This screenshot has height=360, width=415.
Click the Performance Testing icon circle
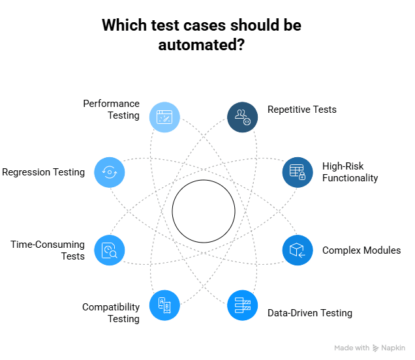164,117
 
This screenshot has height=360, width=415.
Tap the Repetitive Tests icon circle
243,117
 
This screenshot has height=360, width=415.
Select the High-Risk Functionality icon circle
298,172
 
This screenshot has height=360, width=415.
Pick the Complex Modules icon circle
298,250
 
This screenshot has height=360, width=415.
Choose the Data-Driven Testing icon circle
243,305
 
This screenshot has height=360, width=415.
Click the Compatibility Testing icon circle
164,305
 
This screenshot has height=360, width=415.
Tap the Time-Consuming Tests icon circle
110,250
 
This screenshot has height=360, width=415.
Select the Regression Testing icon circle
110,172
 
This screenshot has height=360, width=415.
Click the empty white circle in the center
204,211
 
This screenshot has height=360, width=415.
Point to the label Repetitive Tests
302,110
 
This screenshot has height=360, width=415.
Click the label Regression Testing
44,172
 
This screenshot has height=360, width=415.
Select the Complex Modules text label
361,250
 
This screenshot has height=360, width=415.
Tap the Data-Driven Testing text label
310,313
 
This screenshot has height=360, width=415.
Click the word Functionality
350,178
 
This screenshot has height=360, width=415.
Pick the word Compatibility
111,307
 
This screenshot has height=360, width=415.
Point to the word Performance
111,104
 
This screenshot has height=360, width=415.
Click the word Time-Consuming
48,245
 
